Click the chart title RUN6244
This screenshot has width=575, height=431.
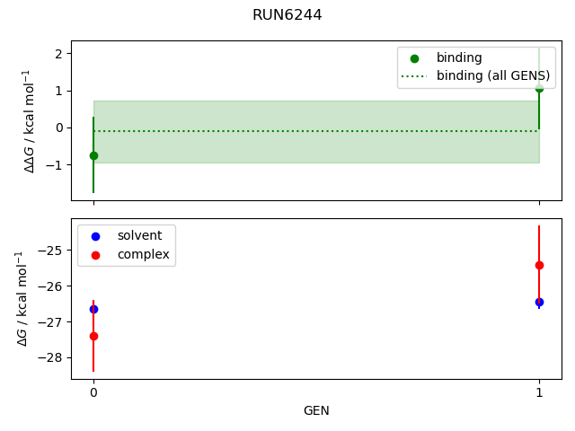point(287,15)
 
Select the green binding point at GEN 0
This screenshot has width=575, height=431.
point(93,155)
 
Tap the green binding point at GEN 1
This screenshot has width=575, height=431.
point(539,88)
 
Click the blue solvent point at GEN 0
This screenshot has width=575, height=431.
point(93,309)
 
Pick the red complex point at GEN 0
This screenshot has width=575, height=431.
point(93,336)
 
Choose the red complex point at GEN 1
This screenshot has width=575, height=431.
point(539,266)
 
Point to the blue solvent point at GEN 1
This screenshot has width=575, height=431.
point(539,303)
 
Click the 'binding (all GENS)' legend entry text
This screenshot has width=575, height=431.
point(493,75)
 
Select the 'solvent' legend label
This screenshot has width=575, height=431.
point(139,235)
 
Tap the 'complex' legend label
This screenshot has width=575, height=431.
point(144,254)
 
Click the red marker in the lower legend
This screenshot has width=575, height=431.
point(95,255)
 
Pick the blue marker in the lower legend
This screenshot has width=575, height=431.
point(95,236)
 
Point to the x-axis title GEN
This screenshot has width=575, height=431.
point(316,410)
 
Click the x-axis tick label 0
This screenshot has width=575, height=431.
point(93,392)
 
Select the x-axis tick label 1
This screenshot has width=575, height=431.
point(539,392)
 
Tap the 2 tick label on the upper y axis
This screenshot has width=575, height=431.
point(58,54)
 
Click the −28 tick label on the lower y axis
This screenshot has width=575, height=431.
point(51,357)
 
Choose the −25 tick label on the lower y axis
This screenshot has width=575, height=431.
point(51,251)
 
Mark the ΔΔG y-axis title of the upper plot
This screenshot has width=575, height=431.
point(29,121)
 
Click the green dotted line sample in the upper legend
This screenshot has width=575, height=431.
point(414,76)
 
